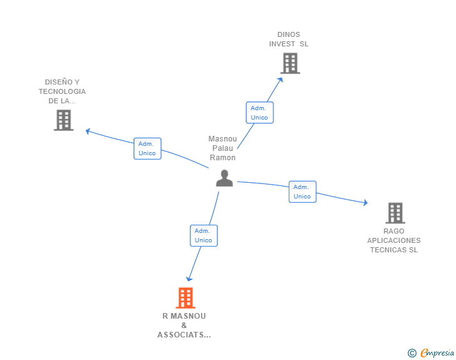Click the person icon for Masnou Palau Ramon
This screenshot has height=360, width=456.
[224, 178]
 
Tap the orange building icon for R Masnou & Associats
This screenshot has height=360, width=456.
[185, 298]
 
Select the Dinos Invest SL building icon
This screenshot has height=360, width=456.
[289, 63]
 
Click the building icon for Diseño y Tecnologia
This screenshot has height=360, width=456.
[64, 120]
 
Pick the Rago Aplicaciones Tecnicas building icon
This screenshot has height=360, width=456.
[395, 213]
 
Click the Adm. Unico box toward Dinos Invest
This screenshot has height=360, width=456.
[259, 113]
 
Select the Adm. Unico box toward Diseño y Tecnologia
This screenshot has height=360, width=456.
[147, 148]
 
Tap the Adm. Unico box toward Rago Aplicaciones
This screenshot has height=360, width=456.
[302, 192]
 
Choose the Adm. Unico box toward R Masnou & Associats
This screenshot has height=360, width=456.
[204, 235]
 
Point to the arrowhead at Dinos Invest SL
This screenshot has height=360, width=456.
[281, 79]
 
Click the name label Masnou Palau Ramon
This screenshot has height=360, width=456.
[222, 148]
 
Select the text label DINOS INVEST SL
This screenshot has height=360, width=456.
[289, 39]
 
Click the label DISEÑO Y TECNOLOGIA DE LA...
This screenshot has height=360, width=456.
[62, 91]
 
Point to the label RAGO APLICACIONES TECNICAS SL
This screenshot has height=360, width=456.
[393, 240]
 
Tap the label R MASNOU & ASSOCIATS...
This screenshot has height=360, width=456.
[184, 325]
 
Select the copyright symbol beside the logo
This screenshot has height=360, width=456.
[412, 353]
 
